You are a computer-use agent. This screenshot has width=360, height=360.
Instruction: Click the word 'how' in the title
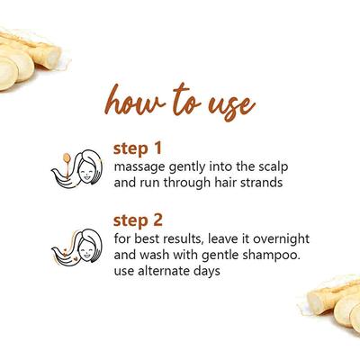tap(132, 102)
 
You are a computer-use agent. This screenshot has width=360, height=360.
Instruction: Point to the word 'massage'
tap(140, 165)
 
